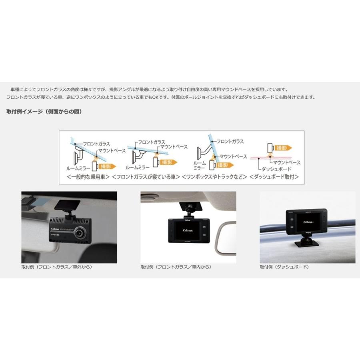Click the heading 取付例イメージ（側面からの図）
point(44,112)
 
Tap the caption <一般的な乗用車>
point(88,176)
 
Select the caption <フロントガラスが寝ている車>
point(146,176)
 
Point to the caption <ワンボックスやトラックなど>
point(214,176)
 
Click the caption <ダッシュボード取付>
point(274,176)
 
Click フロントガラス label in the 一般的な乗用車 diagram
point(96,143)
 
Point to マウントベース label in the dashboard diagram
point(286,163)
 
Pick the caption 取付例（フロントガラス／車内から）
point(176,267)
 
